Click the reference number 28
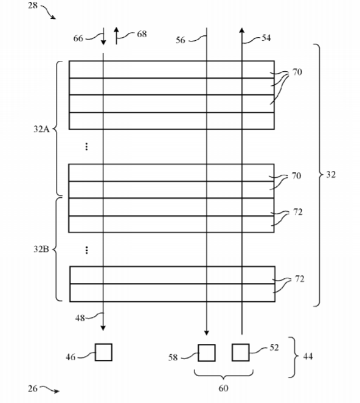click(33, 5)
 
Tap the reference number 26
click(33, 388)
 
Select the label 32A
click(41, 129)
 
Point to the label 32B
click(41, 249)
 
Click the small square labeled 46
click(103, 352)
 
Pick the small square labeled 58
click(206, 353)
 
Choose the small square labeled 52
click(241, 352)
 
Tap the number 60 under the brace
click(223, 388)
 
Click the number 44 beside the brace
click(308, 357)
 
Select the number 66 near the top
click(78, 38)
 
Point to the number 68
click(142, 34)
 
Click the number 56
click(180, 40)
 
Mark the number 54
click(266, 38)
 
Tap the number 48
click(80, 318)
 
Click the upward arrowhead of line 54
click(241, 30)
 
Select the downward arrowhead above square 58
click(206, 333)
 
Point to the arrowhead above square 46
click(103, 328)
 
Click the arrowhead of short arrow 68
click(116, 29)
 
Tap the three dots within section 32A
click(86, 147)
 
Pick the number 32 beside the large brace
click(331, 175)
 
